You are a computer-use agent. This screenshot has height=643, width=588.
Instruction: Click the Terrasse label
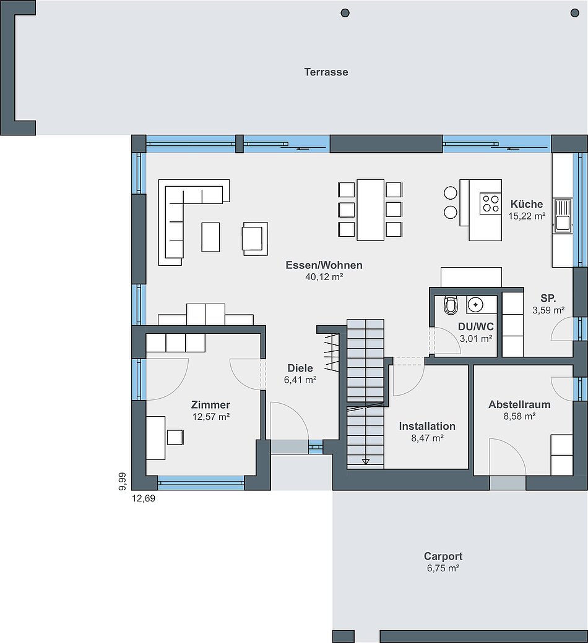pyautogui.click(x=326, y=72)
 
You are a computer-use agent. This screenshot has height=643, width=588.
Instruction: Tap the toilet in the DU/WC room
pyautogui.click(x=451, y=305)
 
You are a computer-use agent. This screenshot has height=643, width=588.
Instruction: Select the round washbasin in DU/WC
pyautogui.click(x=475, y=305)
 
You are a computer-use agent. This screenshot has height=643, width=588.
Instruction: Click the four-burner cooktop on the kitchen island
pyautogui.click(x=490, y=203)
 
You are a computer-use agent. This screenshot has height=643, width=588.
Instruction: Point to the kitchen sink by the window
pyautogui.click(x=563, y=215)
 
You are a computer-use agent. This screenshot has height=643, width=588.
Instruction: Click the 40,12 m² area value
pyautogui.click(x=324, y=277)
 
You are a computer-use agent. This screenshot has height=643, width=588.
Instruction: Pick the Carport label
pyautogui.click(x=443, y=556)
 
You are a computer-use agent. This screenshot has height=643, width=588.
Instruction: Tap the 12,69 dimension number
pyautogui.click(x=144, y=499)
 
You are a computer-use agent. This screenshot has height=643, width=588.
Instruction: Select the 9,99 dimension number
pyautogui.click(x=123, y=482)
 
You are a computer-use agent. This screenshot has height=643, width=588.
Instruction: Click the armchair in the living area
pyautogui.click(x=255, y=239)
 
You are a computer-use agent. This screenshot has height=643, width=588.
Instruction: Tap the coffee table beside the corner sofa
pyautogui.click(x=210, y=237)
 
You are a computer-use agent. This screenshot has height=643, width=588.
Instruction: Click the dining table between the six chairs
pyautogui.click(x=370, y=210)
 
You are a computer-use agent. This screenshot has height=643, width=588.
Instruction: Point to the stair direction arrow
pyautogui.click(x=366, y=462)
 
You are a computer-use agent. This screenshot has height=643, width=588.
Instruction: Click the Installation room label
pyautogui.click(x=427, y=426)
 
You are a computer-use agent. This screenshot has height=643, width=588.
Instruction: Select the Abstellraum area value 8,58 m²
pyautogui.click(x=519, y=416)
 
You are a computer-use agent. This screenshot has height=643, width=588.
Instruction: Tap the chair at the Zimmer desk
pyautogui.click(x=175, y=437)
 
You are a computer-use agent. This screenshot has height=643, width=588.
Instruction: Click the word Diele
pyautogui.click(x=300, y=368)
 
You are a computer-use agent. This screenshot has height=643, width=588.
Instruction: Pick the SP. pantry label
pyautogui.click(x=548, y=299)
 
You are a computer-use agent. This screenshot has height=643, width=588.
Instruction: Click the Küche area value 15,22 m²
pyautogui.click(x=527, y=216)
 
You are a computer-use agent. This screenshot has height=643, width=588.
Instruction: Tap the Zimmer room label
pyautogui.click(x=210, y=405)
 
